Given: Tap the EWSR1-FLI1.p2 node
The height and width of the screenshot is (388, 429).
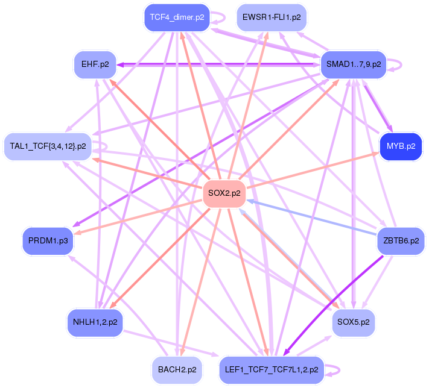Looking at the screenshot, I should pos(271,17).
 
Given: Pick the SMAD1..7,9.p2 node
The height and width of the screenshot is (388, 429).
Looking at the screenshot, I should pos(353,64).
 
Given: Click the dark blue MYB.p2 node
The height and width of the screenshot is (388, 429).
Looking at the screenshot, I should pos(401,146).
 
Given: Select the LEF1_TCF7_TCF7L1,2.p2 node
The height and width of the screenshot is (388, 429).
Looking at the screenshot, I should pos(271,369).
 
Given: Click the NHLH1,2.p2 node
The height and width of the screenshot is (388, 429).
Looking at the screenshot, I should pos(95,322).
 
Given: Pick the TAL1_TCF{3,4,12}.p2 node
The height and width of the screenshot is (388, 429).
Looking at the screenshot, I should pos(48,146).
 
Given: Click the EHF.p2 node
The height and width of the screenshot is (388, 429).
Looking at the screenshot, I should pos(95,64).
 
